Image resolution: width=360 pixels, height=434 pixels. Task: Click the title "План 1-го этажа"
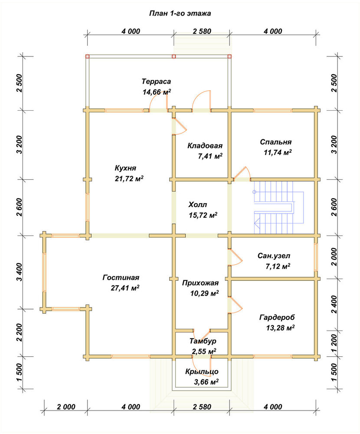(180, 13)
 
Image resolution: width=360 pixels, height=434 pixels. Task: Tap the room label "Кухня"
(125, 168)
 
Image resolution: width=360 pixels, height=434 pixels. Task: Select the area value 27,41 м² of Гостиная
(125, 288)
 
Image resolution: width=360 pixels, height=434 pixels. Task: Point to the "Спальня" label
(275, 142)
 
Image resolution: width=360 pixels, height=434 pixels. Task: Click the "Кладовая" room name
(205, 145)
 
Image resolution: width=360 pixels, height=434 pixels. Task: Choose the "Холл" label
(198, 205)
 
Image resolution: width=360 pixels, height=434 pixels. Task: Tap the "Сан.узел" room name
(274, 256)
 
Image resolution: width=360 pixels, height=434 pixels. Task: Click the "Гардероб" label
(277, 317)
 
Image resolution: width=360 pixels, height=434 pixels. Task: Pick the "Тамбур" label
(203, 341)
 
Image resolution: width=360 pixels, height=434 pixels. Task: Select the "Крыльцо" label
(202, 372)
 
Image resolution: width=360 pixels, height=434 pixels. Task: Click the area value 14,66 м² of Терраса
(157, 92)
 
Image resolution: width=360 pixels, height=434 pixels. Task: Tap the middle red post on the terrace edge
(174, 56)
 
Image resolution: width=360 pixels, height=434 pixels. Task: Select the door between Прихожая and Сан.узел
(235, 257)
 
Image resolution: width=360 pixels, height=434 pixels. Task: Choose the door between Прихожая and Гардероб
(235, 305)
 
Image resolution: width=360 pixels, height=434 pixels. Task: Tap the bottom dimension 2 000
(66, 407)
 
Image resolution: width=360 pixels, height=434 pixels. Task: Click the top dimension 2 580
(202, 31)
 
